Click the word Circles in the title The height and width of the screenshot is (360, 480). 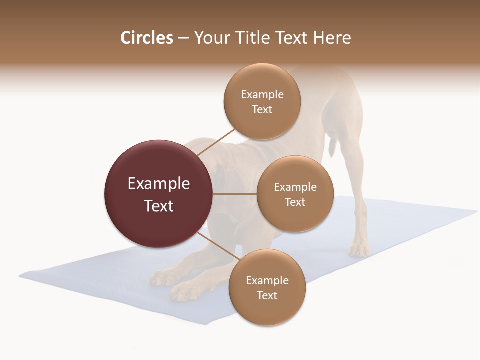coord(146,38)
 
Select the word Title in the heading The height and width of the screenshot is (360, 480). coord(258,38)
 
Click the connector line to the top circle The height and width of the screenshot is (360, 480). coord(216,142)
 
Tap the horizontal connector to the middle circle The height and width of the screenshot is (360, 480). coord(235,194)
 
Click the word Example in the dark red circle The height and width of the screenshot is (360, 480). coord(159,184)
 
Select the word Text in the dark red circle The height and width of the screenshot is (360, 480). coord(159,206)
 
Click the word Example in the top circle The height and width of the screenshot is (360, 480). coord(262,95)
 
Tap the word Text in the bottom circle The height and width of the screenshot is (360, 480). coord(267,295)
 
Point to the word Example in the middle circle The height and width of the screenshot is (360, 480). coord(295,187)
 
